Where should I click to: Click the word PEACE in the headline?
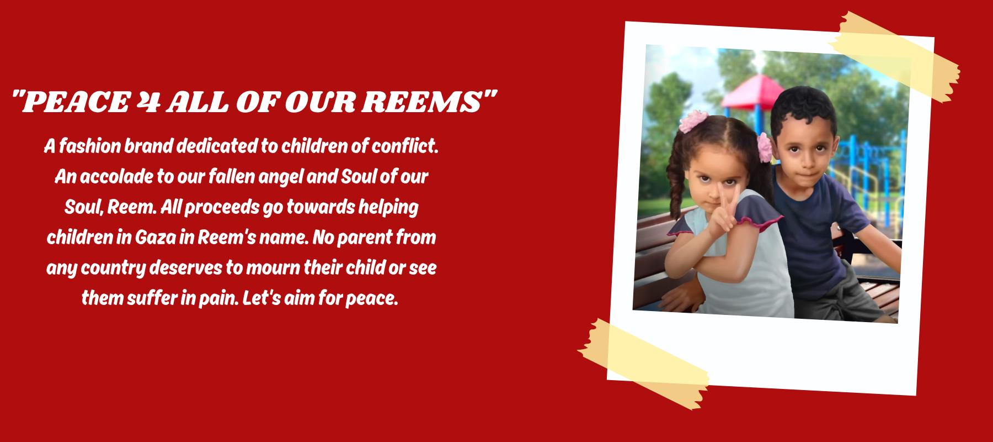pyautogui.click(x=76, y=102)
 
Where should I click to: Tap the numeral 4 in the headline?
pyautogui.click(x=148, y=102)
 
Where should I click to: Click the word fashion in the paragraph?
pyautogui.click(x=90, y=146)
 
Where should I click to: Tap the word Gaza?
pyautogui.click(x=156, y=237)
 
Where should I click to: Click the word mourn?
pyautogui.click(x=273, y=267)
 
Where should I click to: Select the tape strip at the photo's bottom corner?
pyautogui.click(x=643, y=364)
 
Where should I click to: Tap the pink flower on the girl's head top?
pyautogui.click(x=692, y=121)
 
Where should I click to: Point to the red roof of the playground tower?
pyautogui.click(x=753, y=92)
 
